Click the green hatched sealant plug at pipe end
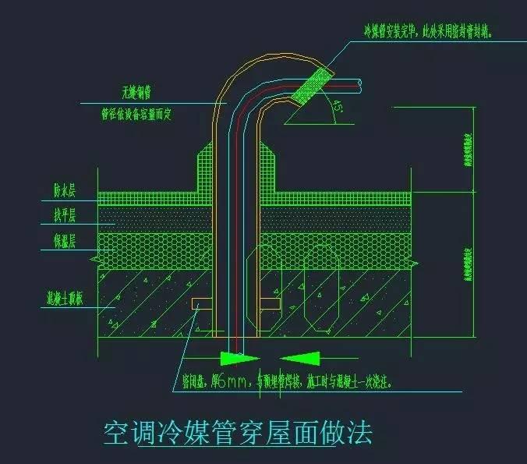(312, 83)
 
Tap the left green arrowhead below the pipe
(239, 359)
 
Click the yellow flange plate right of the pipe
(269, 301)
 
